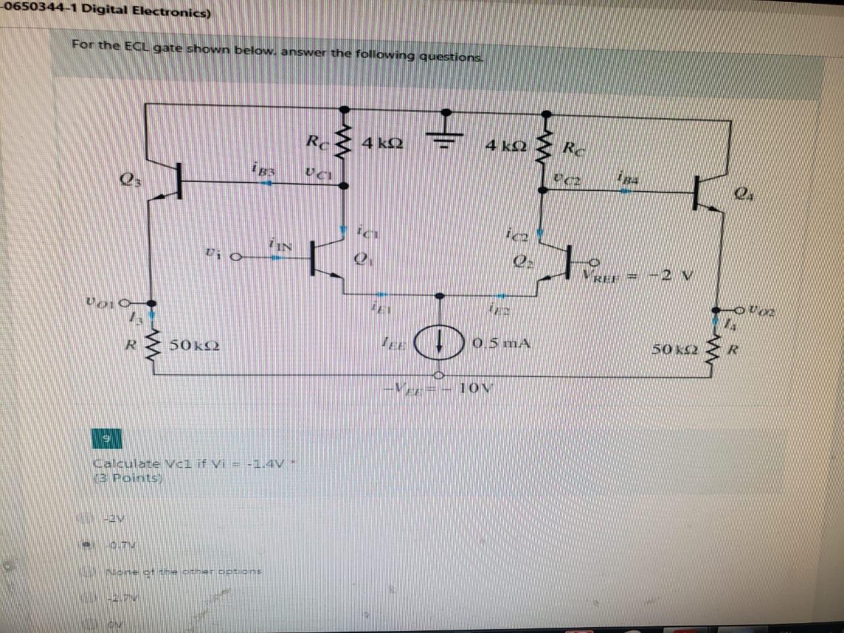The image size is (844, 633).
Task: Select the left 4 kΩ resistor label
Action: click(x=382, y=143)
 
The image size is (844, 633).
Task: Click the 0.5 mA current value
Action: click(x=500, y=344)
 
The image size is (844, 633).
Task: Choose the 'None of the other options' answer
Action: click(x=184, y=570)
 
